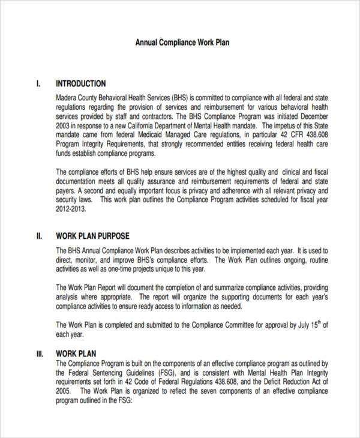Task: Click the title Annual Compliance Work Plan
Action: pos(182,43)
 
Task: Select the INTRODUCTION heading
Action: pos(80,83)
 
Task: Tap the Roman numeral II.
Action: pos(39,236)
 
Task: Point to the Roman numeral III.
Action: pos(40,353)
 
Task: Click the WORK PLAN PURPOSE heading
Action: pos(92,236)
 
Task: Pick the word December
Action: pos(313,116)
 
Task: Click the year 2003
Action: pos(63,126)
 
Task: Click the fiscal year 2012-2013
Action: pos(71,209)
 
